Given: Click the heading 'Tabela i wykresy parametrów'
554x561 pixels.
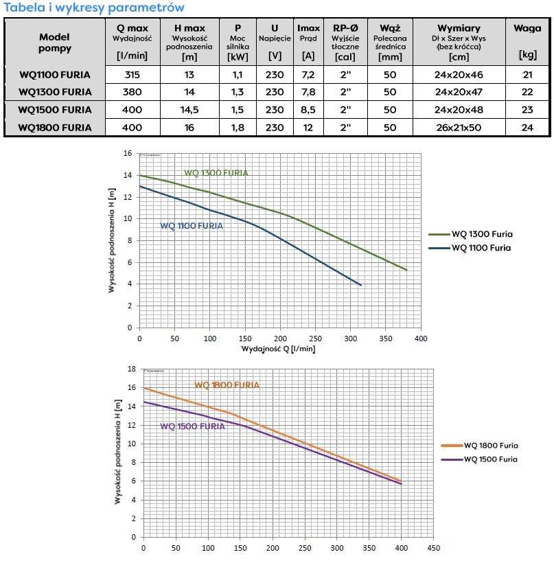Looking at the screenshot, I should click(x=94, y=8).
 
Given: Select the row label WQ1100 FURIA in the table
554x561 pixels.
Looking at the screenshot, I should click(x=55, y=73).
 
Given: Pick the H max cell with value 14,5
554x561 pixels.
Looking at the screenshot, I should click(x=189, y=109).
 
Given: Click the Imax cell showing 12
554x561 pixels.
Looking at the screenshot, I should click(x=308, y=127).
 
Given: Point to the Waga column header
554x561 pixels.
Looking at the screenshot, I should click(x=527, y=28).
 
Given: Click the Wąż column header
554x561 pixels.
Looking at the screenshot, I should click(x=390, y=28).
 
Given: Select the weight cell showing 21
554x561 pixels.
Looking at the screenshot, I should click(x=527, y=73).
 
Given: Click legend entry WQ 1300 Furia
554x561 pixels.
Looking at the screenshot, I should click(x=482, y=234).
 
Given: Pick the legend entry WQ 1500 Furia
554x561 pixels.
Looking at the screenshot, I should click(x=491, y=459).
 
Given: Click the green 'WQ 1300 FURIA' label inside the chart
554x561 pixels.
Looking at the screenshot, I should click(x=216, y=173).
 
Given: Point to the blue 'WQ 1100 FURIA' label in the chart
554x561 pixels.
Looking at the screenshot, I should click(x=192, y=226).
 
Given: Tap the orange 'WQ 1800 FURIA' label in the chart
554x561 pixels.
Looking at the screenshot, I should click(x=227, y=385).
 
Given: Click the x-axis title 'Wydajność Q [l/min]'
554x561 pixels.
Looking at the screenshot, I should click(x=278, y=349).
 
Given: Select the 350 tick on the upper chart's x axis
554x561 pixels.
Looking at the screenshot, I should click(x=386, y=338).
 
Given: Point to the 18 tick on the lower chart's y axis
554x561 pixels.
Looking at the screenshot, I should click(x=132, y=369).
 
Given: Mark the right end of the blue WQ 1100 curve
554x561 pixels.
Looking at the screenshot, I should click(x=360, y=285).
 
